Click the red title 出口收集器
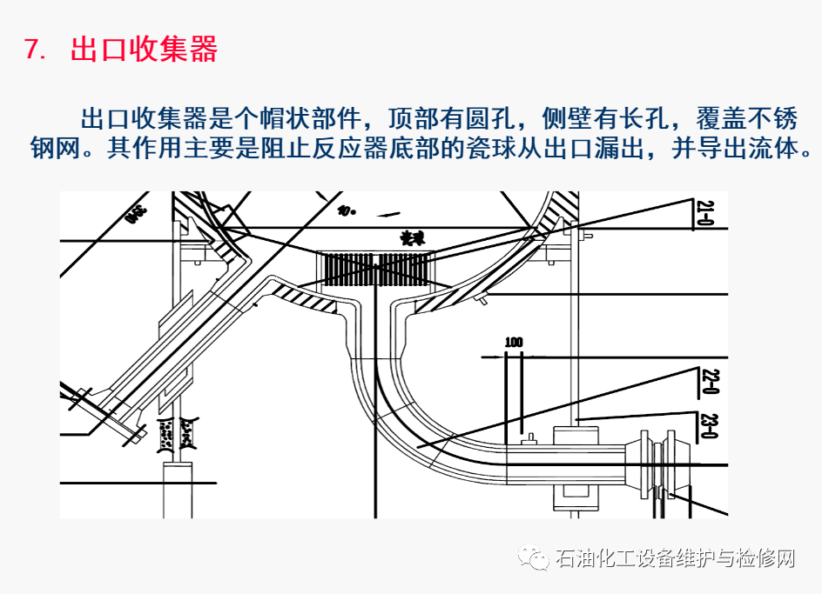coord(144,50)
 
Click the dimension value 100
coord(514,343)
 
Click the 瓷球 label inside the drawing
coord(409,237)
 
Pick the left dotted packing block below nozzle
coord(165,433)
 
